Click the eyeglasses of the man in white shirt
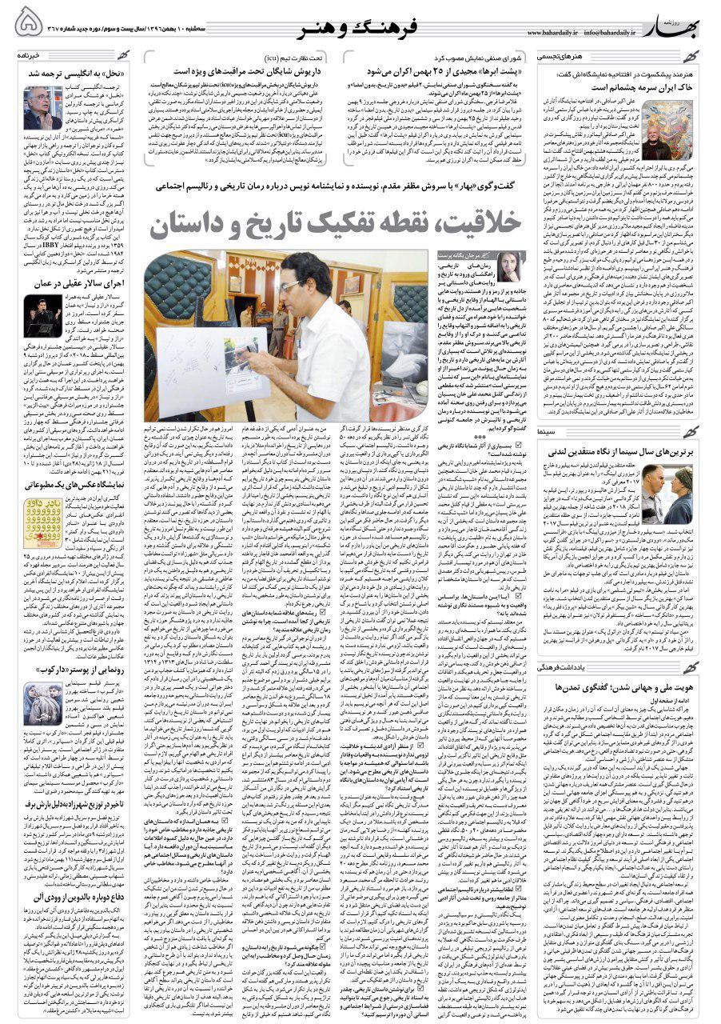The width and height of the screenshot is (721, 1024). pos(289,284)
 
